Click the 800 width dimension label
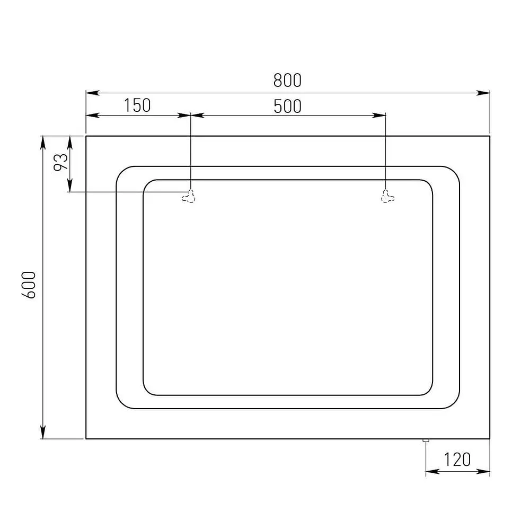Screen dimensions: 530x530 click(x=287, y=81)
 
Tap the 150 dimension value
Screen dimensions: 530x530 click(x=137, y=105)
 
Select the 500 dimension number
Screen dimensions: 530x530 click(x=287, y=106)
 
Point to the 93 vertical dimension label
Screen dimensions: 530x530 click(x=61, y=162)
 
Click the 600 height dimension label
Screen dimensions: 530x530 click(x=29, y=285)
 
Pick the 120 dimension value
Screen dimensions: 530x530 click(x=457, y=460)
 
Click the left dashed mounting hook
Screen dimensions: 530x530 click(x=189, y=197)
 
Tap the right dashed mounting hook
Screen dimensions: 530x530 click(x=387, y=197)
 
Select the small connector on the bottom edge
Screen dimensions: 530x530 click(x=426, y=440)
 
